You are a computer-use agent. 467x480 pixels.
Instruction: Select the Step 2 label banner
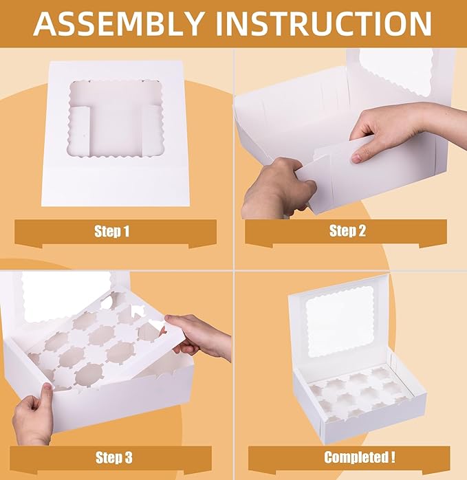coord(346,231)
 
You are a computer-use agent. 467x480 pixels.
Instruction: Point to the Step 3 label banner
coord(113,457)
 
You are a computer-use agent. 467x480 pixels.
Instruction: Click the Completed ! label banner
coord(349,457)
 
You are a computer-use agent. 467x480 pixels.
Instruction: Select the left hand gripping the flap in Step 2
coord(275,189)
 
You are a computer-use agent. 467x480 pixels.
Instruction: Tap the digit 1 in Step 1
coord(127,232)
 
